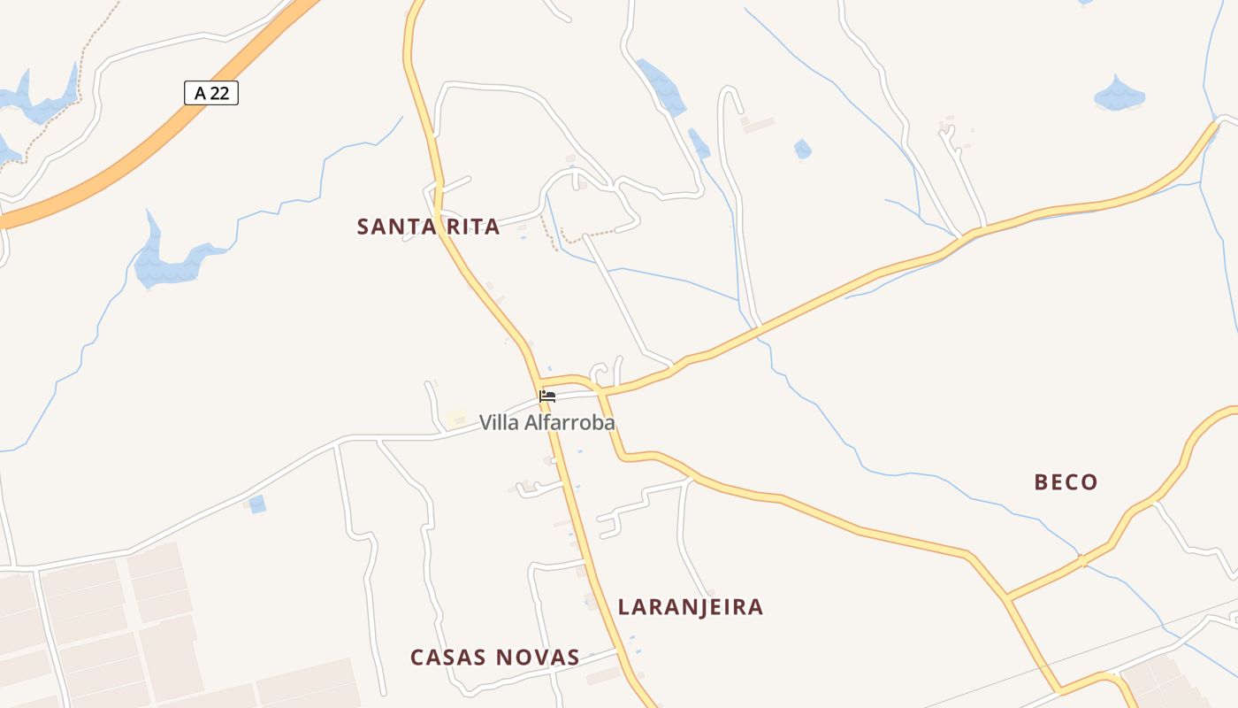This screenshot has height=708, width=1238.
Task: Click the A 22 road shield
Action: (x=211, y=93)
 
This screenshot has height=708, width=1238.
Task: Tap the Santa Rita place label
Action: (x=428, y=227)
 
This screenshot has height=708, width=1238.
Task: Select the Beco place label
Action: (x=1066, y=482)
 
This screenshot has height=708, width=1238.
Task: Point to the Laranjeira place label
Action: (x=690, y=607)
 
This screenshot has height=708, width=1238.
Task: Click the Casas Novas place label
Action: (x=494, y=658)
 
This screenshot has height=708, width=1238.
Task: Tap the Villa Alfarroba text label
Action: (x=546, y=423)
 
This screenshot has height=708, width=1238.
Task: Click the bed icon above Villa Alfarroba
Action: (x=547, y=396)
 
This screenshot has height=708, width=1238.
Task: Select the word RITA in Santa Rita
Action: (x=473, y=227)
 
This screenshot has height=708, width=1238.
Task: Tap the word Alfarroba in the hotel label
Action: (x=569, y=423)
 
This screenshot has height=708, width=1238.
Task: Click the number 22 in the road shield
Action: (x=219, y=93)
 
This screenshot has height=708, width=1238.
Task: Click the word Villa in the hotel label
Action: (x=500, y=423)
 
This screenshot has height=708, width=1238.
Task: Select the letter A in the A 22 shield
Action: (x=200, y=93)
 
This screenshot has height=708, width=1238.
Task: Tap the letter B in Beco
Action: (x=1042, y=482)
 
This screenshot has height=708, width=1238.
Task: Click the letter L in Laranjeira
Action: (x=624, y=607)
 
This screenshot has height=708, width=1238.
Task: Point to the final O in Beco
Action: (x=1089, y=482)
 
